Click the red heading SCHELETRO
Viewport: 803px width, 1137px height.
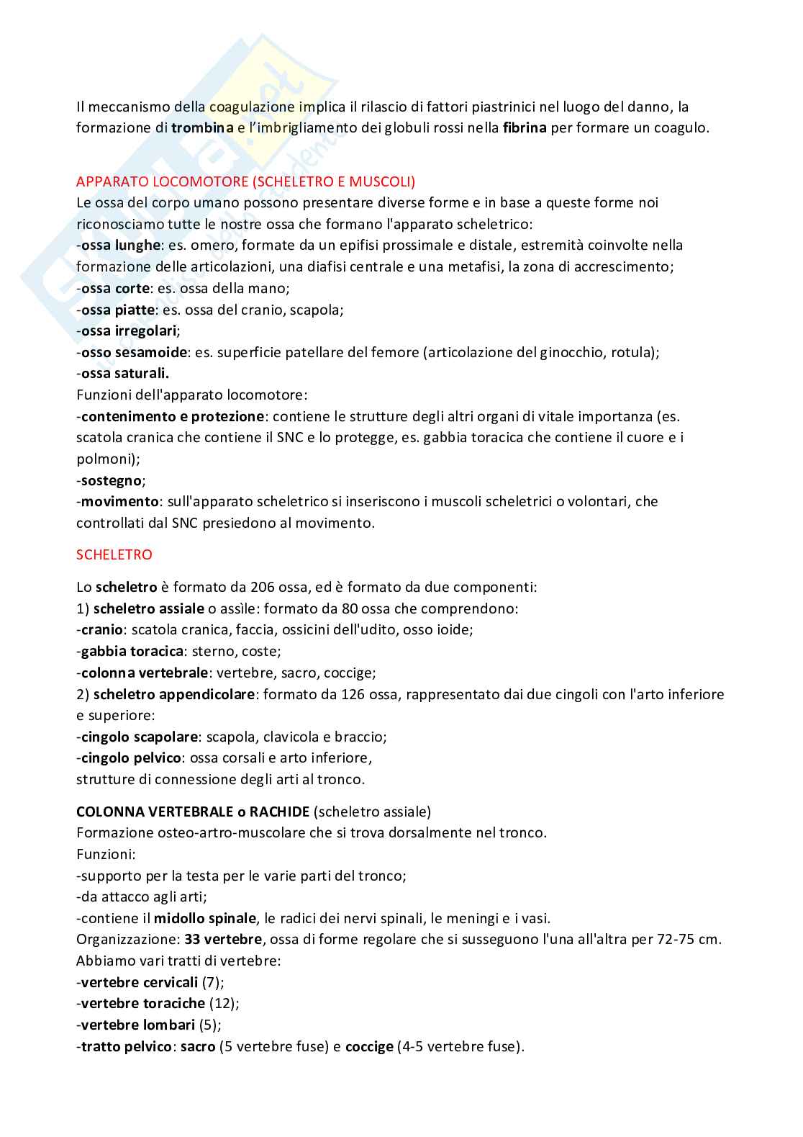tap(114, 554)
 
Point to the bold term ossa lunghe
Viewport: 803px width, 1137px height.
tap(120, 246)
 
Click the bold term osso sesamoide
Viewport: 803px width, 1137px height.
tap(135, 352)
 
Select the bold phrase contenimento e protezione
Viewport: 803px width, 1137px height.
tap(173, 416)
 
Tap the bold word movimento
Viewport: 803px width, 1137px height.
tap(119, 501)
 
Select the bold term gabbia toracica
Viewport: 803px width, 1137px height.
tap(132, 651)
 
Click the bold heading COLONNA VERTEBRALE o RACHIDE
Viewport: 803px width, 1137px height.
tap(194, 812)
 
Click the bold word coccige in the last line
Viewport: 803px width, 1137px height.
tap(369, 1046)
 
